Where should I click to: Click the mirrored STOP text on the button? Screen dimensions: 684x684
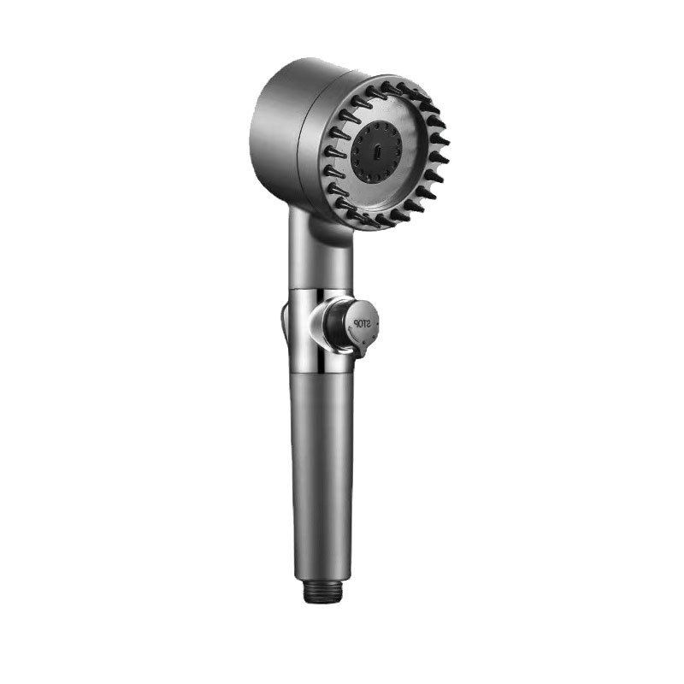coord(362,324)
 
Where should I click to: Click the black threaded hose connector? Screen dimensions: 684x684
coord(322,594)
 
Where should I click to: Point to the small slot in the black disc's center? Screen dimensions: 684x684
coord(377,153)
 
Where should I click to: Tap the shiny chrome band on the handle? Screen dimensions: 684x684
coord(321,330)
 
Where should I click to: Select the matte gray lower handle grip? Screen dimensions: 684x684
coord(322,475)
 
